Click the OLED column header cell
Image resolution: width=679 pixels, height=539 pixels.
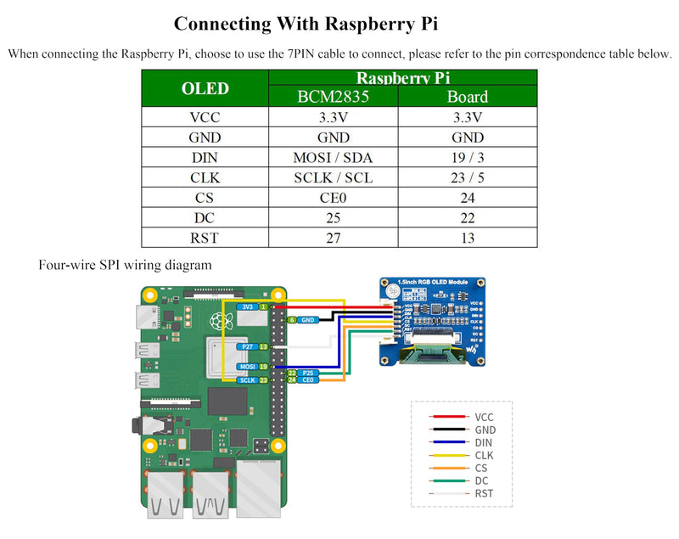pyautogui.click(x=205, y=88)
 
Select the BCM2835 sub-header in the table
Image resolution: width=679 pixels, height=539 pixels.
pyautogui.click(x=333, y=96)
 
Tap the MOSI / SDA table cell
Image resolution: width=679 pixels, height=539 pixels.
pyautogui.click(x=333, y=157)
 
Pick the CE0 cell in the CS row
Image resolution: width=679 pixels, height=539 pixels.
pyautogui.click(x=333, y=198)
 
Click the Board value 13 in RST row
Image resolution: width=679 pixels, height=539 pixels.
pyautogui.click(x=467, y=239)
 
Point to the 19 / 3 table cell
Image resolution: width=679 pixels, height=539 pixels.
pyautogui.click(x=467, y=157)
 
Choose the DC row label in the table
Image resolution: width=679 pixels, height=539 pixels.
pyautogui.click(x=205, y=218)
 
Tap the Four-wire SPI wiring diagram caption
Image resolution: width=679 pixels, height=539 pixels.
pyautogui.click(x=125, y=265)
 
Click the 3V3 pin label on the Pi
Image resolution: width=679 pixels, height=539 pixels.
pyautogui.click(x=247, y=306)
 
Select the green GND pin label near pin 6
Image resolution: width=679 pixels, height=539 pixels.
pyautogui.click(x=308, y=320)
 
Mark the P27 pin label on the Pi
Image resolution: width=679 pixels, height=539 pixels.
pyautogui.click(x=247, y=347)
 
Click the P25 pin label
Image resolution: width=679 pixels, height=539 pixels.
pyautogui.click(x=308, y=373)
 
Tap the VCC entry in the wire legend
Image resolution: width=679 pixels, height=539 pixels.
pyautogui.click(x=484, y=418)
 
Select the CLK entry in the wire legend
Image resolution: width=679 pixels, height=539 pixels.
pyautogui.click(x=484, y=456)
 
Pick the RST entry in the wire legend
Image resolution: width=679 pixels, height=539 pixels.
pyautogui.click(x=484, y=494)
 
